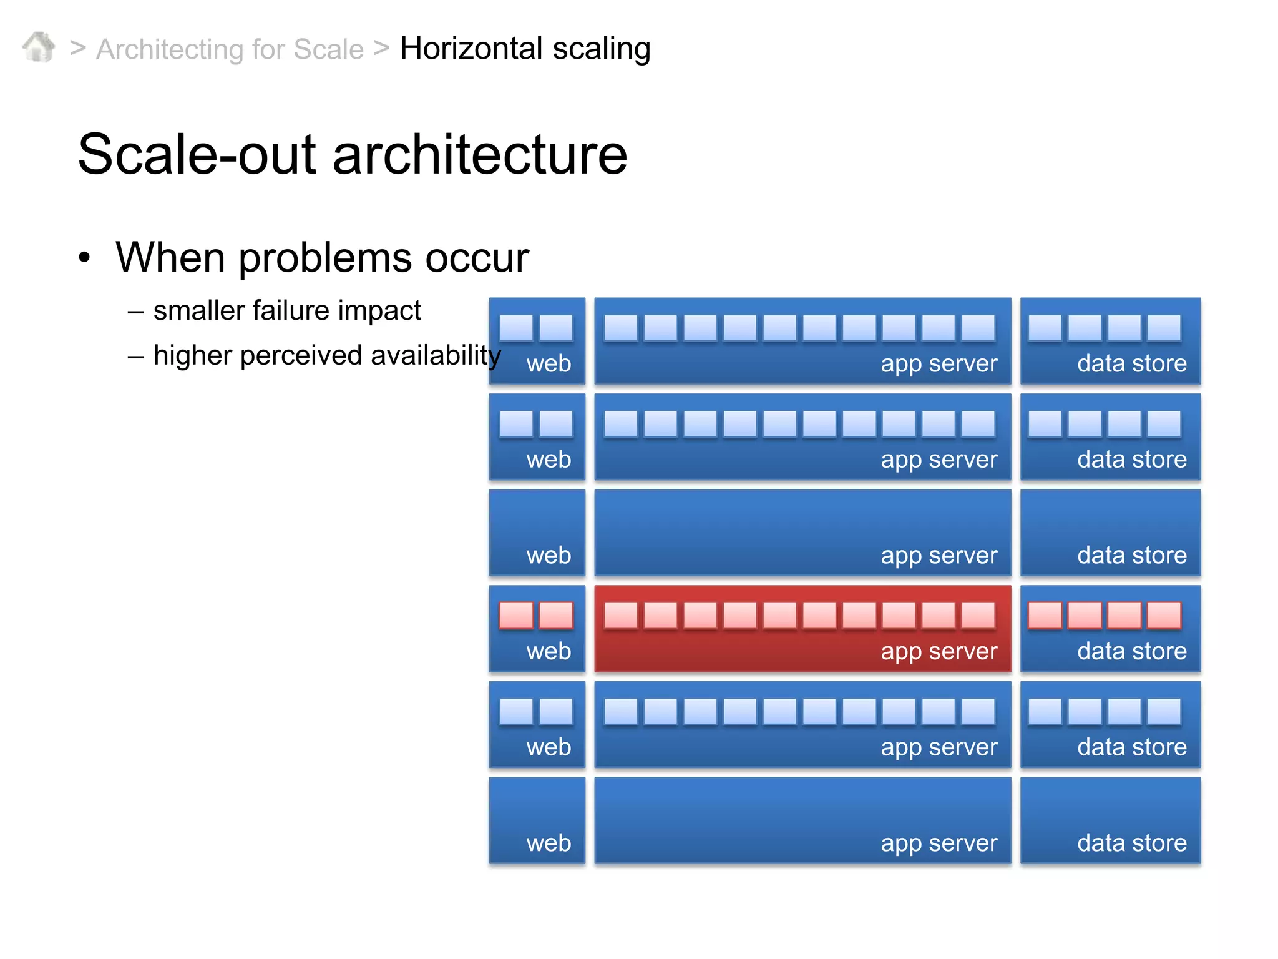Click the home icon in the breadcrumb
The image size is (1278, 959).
39,47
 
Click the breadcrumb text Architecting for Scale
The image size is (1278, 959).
230,49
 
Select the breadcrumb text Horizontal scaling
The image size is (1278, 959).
525,49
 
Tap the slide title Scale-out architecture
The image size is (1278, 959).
353,154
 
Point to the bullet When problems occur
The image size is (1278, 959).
322,257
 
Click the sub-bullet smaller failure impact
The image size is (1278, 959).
287,310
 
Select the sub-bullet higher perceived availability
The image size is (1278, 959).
327,355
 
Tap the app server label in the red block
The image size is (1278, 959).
939,651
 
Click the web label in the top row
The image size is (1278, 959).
549,363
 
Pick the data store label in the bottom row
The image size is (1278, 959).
1131,843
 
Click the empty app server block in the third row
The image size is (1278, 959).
802,524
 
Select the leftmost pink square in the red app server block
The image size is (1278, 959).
621,616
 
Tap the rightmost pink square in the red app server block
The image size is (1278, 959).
978,616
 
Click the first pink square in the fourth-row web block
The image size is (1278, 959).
516,616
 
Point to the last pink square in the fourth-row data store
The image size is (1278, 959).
1164,616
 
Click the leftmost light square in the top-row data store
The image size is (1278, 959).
1045,328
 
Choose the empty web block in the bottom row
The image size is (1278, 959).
537,812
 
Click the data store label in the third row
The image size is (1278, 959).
1131,555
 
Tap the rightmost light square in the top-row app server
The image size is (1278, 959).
978,328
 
